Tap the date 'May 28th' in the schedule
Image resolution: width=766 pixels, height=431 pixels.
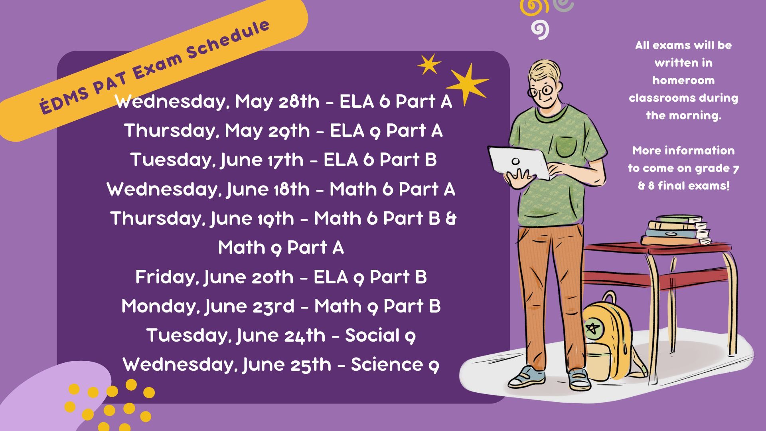point(277,101)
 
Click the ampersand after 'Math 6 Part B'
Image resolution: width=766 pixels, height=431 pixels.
point(451,218)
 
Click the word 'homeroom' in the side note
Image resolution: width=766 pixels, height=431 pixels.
point(683,80)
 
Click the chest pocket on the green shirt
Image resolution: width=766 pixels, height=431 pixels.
point(567,146)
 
